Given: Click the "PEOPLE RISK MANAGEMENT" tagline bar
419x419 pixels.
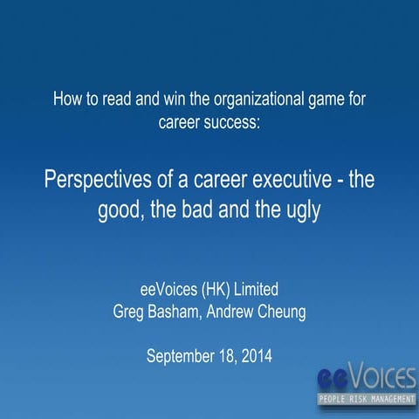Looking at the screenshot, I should (366, 401).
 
